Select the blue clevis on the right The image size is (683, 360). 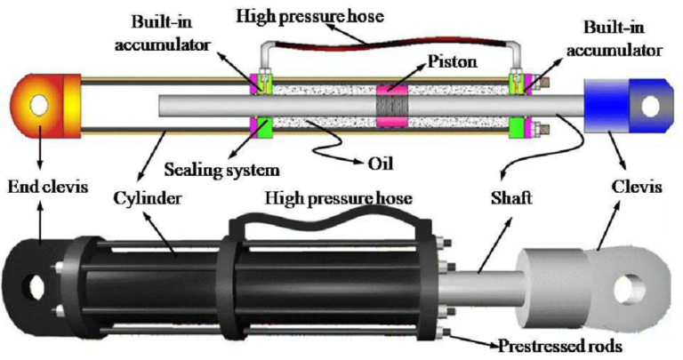pyautogui.click(x=621, y=106)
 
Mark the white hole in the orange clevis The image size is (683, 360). pyautogui.click(x=38, y=105)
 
